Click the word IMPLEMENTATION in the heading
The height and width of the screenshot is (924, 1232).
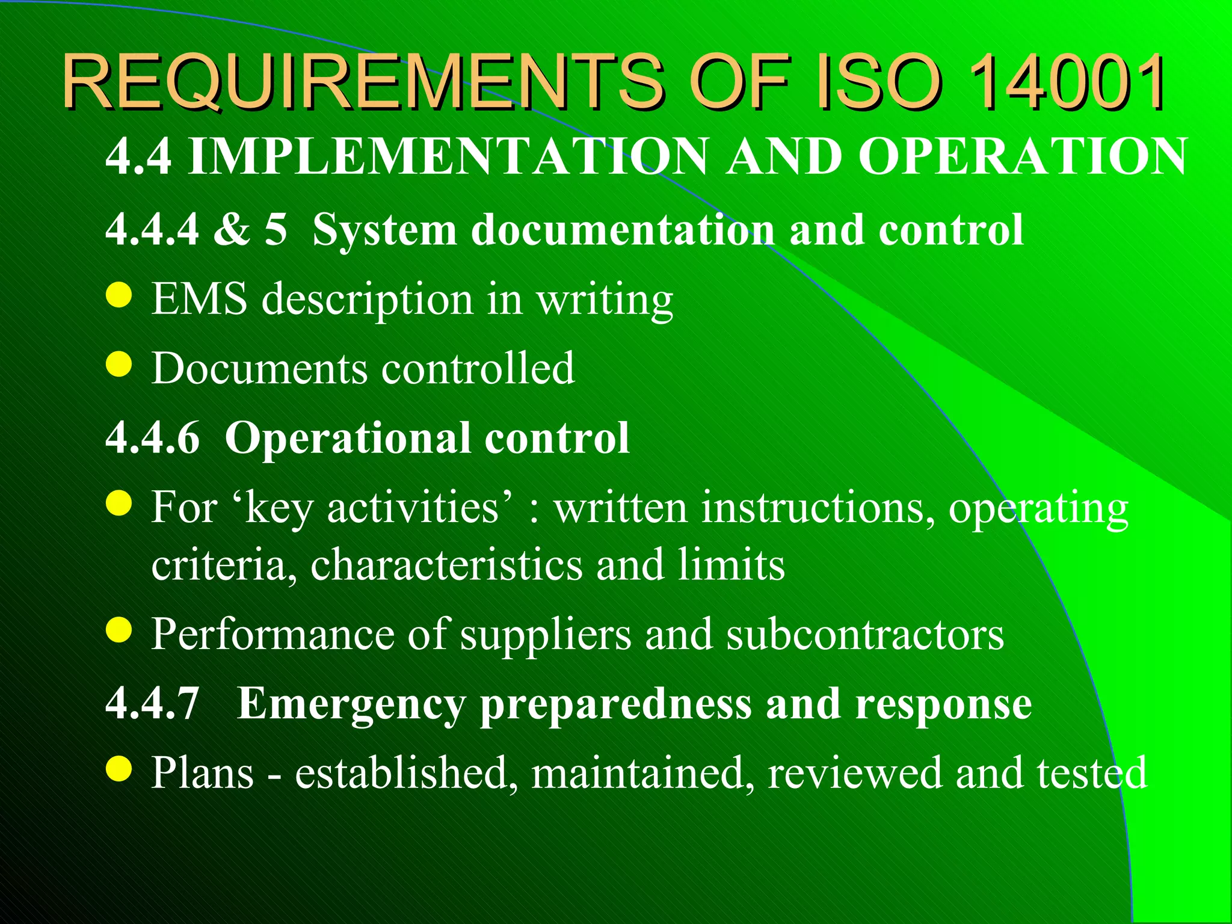(x=448, y=156)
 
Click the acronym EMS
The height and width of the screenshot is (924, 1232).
(x=199, y=299)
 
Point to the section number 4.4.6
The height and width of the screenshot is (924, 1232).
(x=152, y=437)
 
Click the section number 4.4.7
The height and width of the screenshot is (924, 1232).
(x=152, y=703)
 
